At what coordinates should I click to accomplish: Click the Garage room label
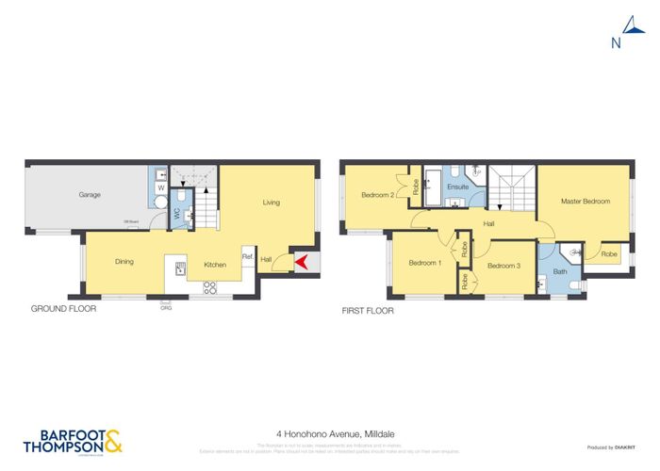[90, 195]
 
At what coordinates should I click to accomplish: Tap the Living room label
[272, 202]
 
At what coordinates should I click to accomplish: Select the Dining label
[124, 262]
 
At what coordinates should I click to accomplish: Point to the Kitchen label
[215, 265]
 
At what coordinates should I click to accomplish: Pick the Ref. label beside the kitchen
[247, 256]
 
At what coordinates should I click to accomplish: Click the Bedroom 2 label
[377, 195]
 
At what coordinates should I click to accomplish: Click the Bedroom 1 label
[425, 263]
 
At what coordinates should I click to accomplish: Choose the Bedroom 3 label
[503, 267]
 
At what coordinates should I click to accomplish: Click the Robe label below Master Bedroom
[609, 254]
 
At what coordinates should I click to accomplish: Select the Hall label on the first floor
[489, 224]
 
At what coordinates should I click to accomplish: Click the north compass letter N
[616, 42]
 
